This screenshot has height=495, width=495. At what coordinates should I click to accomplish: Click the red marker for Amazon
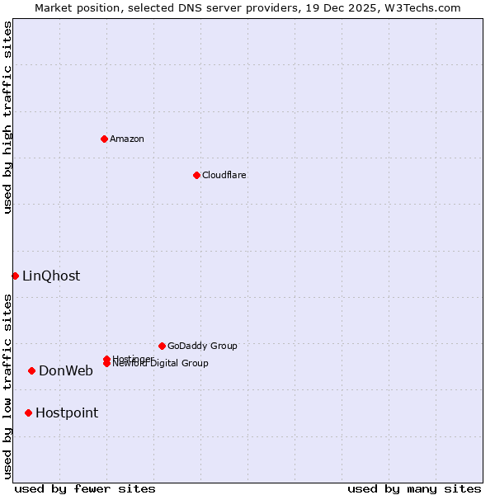[104, 139]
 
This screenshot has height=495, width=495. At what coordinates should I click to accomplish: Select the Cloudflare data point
[196, 175]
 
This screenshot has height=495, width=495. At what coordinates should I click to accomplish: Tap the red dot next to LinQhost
[15, 276]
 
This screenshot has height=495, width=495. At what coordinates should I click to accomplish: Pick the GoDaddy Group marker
[162, 346]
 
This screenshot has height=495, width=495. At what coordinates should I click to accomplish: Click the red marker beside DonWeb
[31, 370]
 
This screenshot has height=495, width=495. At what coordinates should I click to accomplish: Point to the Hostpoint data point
[28, 412]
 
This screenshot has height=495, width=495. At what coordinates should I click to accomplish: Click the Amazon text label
[127, 139]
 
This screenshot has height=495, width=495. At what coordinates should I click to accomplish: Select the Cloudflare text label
[224, 175]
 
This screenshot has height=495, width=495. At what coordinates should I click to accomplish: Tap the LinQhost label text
[51, 276]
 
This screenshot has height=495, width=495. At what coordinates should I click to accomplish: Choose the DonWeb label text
[66, 371]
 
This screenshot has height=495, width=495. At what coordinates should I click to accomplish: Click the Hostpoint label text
[67, 413]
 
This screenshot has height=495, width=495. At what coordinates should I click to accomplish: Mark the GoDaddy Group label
[202, 346]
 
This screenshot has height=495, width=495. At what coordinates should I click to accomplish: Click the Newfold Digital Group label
[161, 364]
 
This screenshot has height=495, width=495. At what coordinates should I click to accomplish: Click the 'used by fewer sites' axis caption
[85, 488]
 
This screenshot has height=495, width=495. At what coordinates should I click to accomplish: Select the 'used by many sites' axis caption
[414, 488]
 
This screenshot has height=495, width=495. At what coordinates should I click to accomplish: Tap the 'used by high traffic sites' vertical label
[7, 117]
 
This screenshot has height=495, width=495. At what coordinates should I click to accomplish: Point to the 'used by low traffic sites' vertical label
[7, 386]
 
